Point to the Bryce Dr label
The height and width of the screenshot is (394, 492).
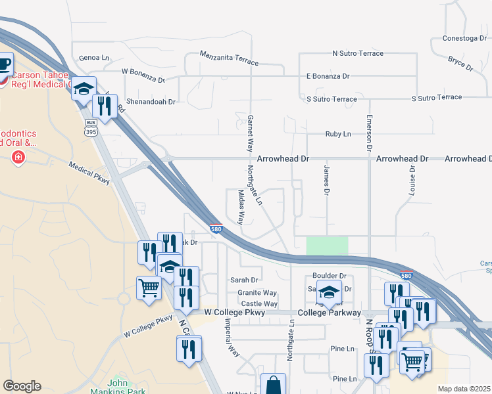point(460,63)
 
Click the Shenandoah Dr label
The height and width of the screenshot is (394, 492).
point(152,102)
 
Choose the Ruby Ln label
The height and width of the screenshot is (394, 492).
point(338,134)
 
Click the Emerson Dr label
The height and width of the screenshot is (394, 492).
point(369,133)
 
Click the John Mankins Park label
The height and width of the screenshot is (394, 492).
point(122,385)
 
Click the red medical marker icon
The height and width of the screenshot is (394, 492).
point(18,158)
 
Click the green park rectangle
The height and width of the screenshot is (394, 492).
point(327,246)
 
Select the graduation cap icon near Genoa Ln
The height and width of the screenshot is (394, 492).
point(84,88)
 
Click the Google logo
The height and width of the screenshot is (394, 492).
point(22,386)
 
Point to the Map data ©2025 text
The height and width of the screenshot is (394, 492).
point(464,389)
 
